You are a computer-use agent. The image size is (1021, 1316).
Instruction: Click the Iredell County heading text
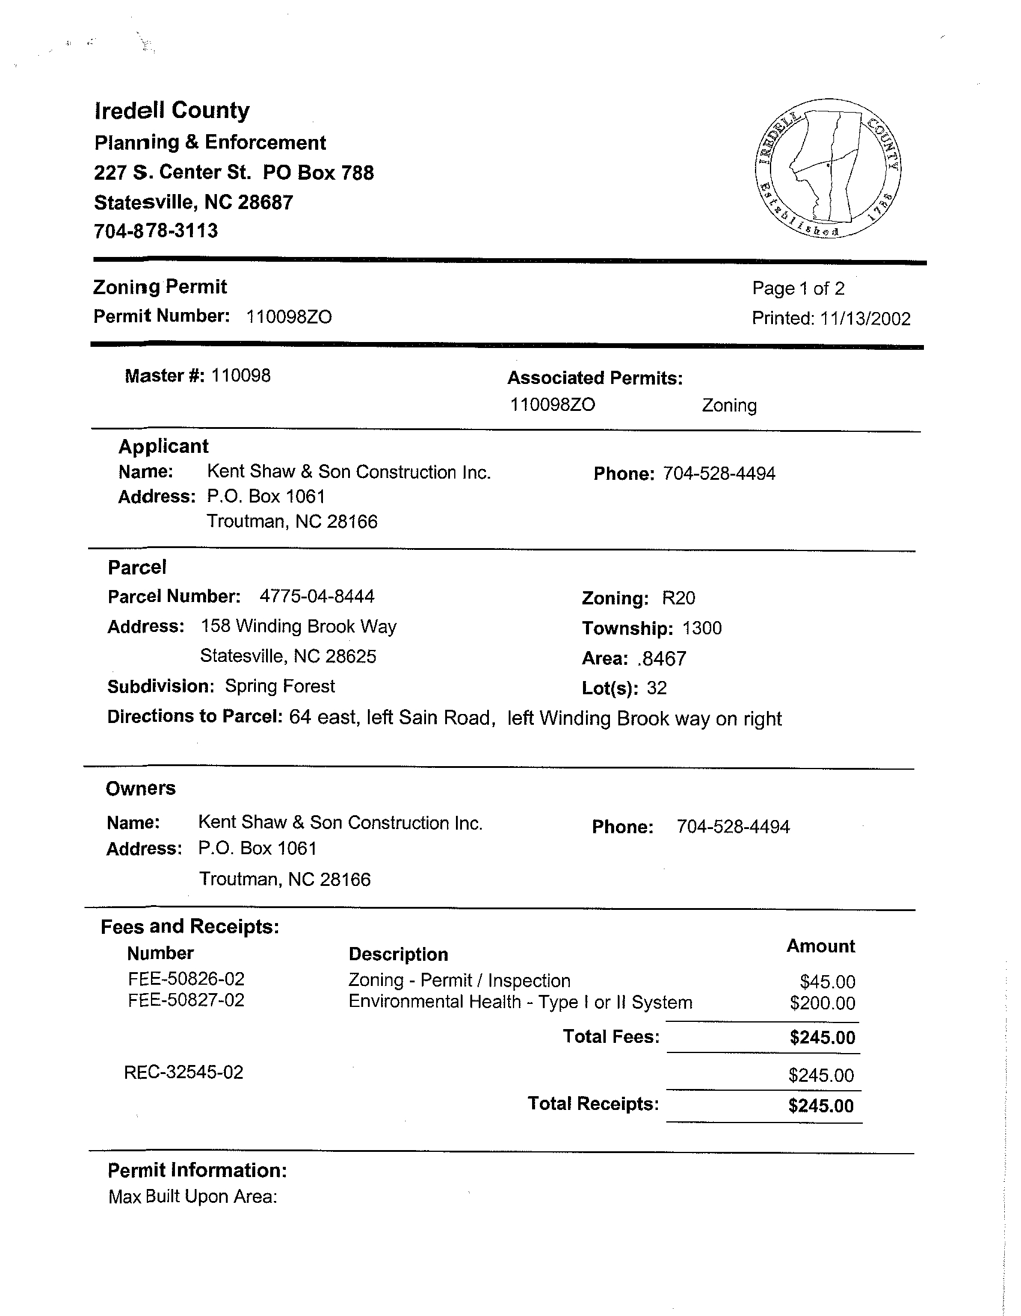172,111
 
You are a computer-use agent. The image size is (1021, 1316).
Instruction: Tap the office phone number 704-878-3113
156,231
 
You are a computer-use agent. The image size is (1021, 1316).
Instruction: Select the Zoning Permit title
160,287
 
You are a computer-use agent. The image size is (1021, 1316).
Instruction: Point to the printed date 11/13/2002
865,319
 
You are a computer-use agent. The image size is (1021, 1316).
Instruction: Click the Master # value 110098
240,376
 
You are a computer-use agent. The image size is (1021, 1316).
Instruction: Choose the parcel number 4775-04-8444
317,597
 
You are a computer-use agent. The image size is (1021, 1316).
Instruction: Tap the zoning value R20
679,598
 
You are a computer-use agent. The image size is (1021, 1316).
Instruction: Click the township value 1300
702,628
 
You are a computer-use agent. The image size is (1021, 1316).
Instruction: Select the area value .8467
661,659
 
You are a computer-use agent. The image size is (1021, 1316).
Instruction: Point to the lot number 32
657,688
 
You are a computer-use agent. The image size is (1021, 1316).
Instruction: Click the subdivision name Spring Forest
280,686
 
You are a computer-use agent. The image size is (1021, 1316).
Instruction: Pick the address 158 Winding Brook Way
298,627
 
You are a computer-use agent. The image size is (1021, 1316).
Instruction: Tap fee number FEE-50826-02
186,979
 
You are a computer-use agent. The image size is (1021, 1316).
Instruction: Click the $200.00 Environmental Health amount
822,1003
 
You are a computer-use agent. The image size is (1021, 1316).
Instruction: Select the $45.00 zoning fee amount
827,982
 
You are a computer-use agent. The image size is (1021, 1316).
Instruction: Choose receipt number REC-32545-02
184,1073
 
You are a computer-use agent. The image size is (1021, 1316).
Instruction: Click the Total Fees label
611,1036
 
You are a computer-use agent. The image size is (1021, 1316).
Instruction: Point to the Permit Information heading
197,1170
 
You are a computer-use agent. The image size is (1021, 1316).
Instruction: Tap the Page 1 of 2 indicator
798,289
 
